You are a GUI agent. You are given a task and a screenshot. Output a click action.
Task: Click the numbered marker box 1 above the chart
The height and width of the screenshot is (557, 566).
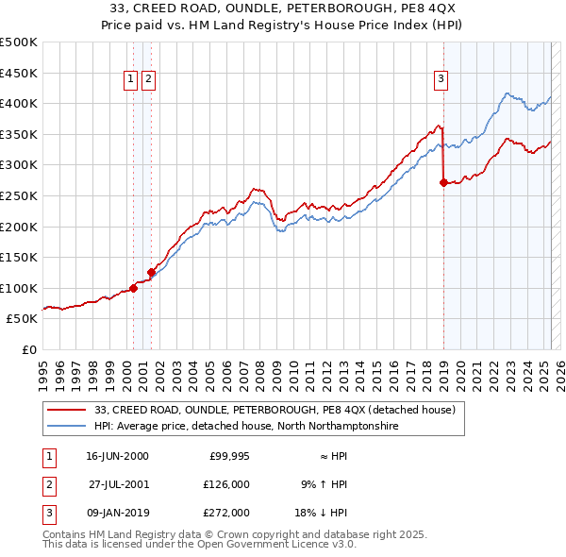[130, 80]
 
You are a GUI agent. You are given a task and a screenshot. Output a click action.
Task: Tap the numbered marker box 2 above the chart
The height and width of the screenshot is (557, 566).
[149, 80]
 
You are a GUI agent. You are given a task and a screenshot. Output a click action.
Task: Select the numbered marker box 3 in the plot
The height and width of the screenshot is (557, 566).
[441, 80]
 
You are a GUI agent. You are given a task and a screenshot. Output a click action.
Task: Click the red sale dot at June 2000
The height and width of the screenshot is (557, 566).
[133, 288]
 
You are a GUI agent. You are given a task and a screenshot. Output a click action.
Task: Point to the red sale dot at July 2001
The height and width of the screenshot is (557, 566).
[151, 272]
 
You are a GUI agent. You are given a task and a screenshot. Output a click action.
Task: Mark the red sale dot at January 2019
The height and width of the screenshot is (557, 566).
[443, 182]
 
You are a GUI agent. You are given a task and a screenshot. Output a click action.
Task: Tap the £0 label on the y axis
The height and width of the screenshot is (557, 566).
[29, 349]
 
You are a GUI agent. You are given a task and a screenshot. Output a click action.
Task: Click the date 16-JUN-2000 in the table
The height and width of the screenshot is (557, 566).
[117, 456]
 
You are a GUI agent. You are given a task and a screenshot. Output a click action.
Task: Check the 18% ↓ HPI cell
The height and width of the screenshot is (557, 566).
[321, 513]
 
